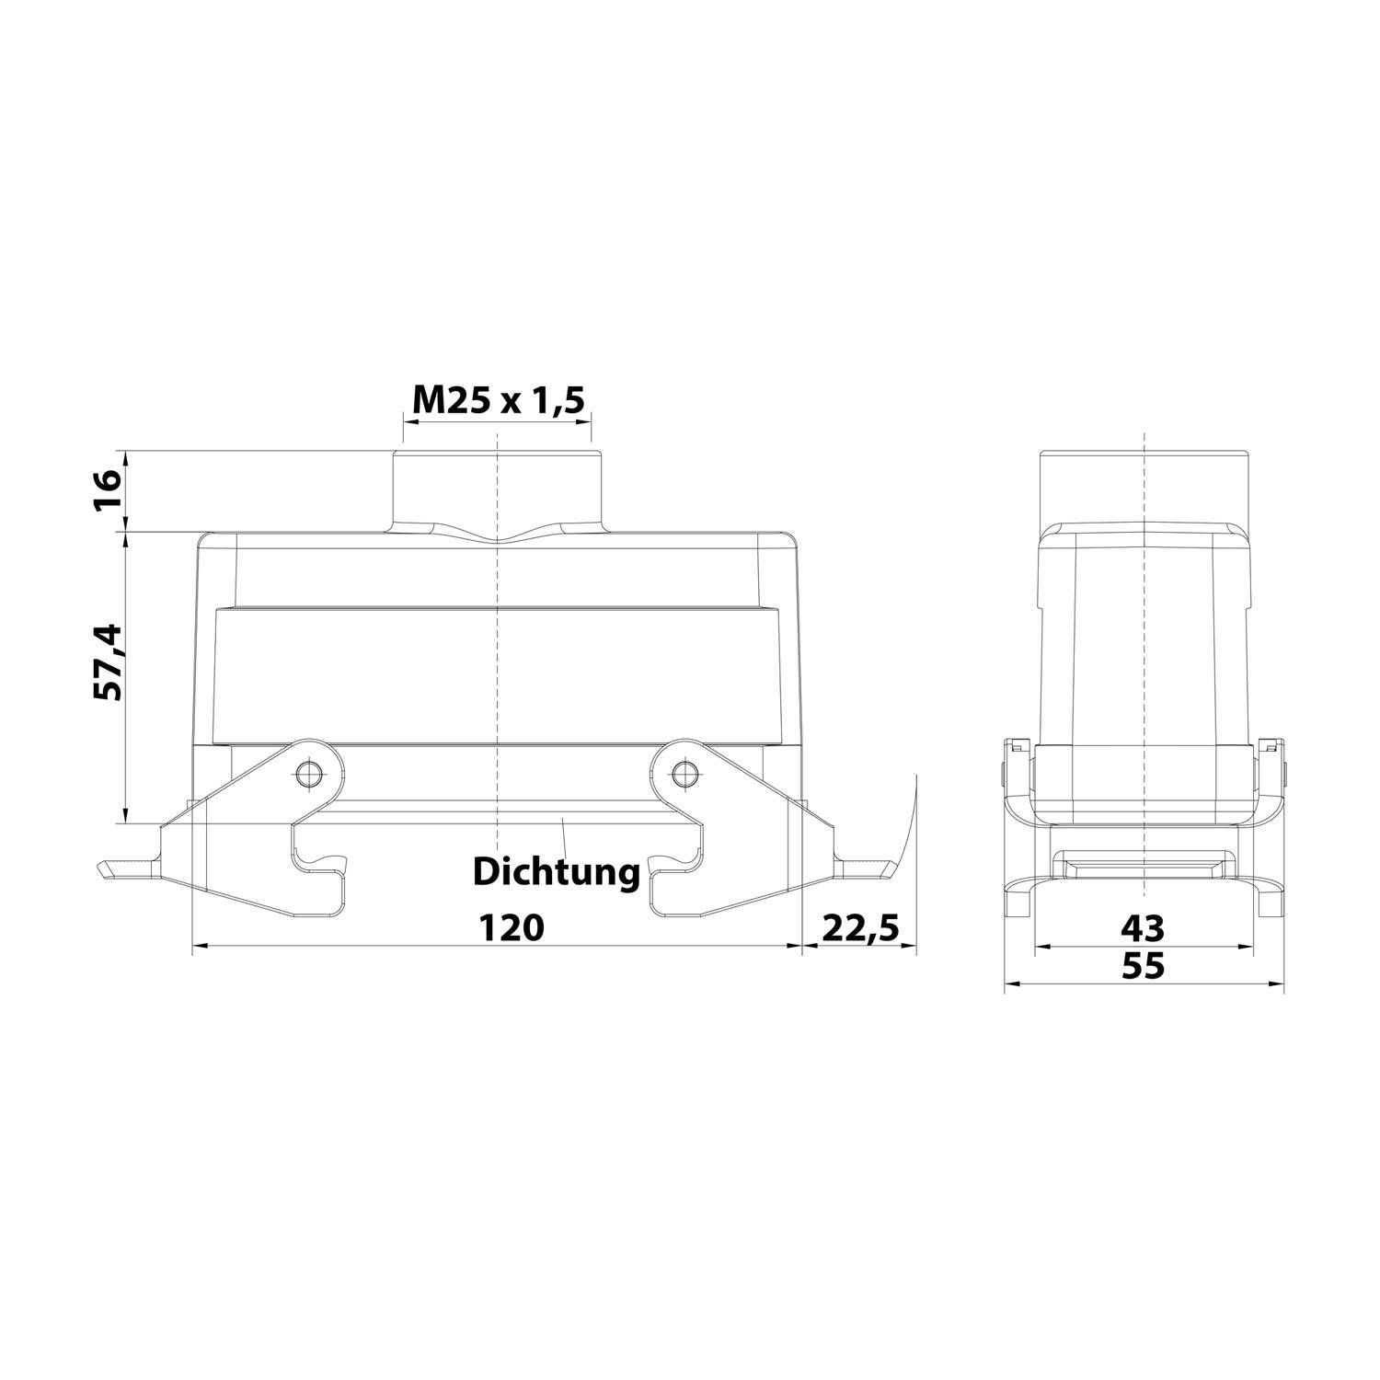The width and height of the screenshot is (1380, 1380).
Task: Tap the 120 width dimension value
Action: click(512, 926)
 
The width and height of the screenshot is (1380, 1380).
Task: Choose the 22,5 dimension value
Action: click(859, 926)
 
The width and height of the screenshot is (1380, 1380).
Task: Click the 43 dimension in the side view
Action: click(1143, 927)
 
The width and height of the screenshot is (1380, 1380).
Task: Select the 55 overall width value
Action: click(1143, 966)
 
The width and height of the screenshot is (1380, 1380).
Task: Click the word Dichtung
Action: click(556, 871)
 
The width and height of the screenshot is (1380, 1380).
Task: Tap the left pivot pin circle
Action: click(307, 774)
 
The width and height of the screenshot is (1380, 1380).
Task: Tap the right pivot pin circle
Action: click(682, 774)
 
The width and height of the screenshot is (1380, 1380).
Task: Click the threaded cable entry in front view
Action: click(497, 488)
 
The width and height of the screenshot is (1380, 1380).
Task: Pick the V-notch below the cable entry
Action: click(498, 539)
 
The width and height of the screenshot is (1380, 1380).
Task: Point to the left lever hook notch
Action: click(322, 865)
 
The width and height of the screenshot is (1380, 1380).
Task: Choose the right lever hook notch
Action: click(672, 865)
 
